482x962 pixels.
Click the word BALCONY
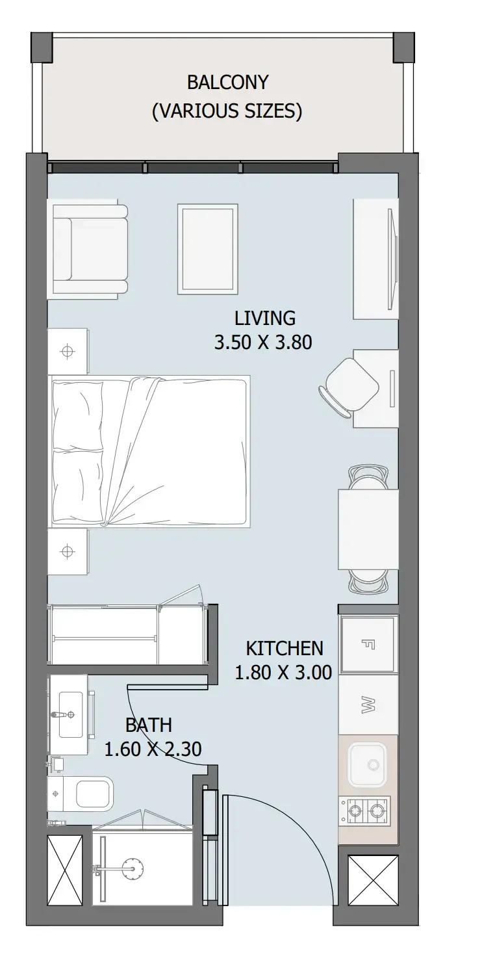pyautogui.click(x=227, y=82)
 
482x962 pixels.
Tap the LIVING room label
pyautogui.click(x=265, y=318)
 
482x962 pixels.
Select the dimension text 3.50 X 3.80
pyautogui.click(x=263, y=343)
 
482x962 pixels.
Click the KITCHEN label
pyautogui.click(x=284, y=648)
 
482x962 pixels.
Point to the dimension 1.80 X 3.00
pyautogui.click(x=283, y=672)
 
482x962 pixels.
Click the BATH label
pyautogui.click(x=149, y=725)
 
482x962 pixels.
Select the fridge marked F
pyautogui.click(x=368, y=644)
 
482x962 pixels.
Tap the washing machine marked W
pyautogui.click(x=368, y=705)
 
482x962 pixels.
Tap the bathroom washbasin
pyautogui.click(x=71, y=714)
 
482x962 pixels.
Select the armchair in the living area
pyautogui.click(x=90, y=249)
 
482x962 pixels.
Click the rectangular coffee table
pyautogui.click(x=208, y=249)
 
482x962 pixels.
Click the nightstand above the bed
pyautogui.click(x=68, y=351)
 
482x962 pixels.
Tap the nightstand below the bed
pyautogui.click(x=68, y=551)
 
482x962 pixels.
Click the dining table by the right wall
pyautogui.click(x=368, y=529)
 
